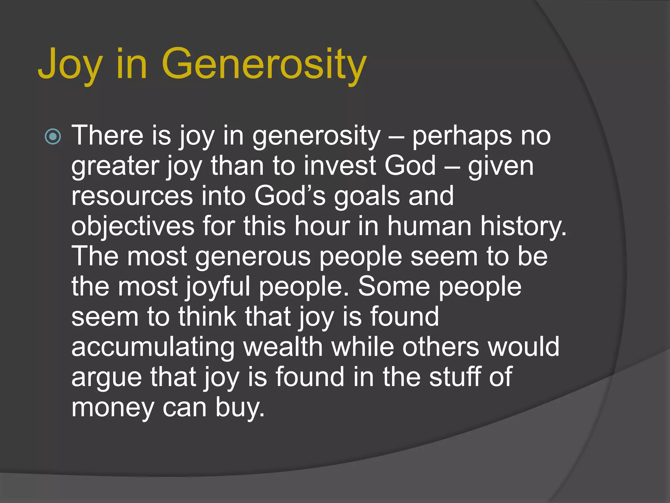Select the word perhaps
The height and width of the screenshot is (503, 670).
coord(462,136)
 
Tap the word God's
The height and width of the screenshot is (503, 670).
coord(290,196)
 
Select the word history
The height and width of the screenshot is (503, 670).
coord(523,226)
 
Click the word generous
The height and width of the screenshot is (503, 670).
coord(253,256)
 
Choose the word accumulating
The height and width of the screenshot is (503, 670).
coord(153,347)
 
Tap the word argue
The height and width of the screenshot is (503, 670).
coord(107,378)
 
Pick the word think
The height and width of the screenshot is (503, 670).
coord(207,317)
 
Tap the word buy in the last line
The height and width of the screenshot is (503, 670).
coord(239,408)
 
